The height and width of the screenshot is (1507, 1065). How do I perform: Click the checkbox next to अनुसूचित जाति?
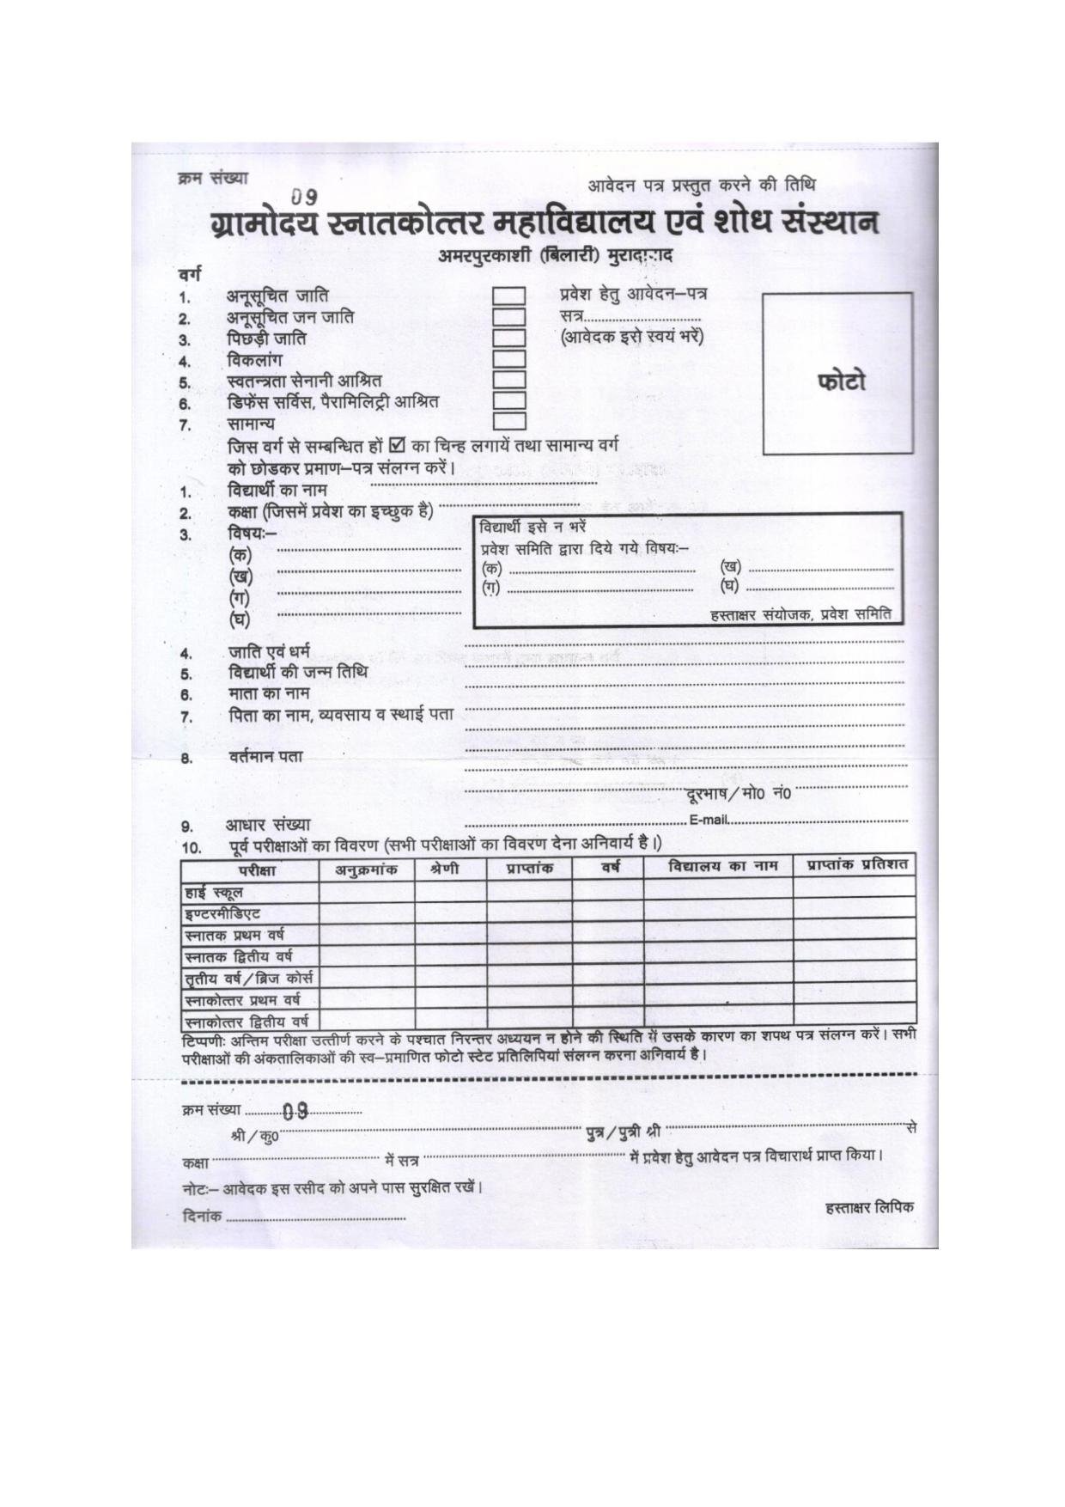pyautogui.click(x=508, y=296)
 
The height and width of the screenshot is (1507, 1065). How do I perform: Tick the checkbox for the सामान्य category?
pyautogui.click(x=508, y=421)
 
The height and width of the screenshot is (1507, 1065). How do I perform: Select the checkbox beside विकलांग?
pyautogui.click(x=508, y=358)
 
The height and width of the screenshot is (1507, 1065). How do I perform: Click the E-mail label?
pyautogui.click(x=709, y=820)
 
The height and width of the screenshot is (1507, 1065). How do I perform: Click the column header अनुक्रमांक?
pyautogui.click(x=366, y=869)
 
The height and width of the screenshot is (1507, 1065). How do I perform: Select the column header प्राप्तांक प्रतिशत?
pyautogui.click(x=856, y=865)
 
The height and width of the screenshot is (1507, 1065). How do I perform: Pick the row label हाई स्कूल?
pyautogui.click(x=214, y=893)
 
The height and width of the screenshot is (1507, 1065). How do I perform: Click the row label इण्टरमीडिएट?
pyautogui.click(x=222, y=913)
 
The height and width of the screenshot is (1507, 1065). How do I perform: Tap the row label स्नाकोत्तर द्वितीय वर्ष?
pyautogui.click(x=246, y=1022)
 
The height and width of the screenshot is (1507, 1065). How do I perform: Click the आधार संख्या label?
pyautogui.click(x=268, y=825)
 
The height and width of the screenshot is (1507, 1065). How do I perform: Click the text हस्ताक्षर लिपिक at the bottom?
pyautogui.click(x=868, y=1207)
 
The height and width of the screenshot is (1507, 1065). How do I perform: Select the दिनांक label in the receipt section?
pyautogui.click(x=203, y=1217)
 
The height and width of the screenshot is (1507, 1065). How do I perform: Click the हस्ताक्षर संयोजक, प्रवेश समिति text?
pyautogui.click(x=800, y=614)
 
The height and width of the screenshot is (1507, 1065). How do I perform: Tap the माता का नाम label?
pyautogui.click(x=269, y=692)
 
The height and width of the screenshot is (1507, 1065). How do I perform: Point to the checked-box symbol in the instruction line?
pyautogui.click(x=397, y=446)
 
